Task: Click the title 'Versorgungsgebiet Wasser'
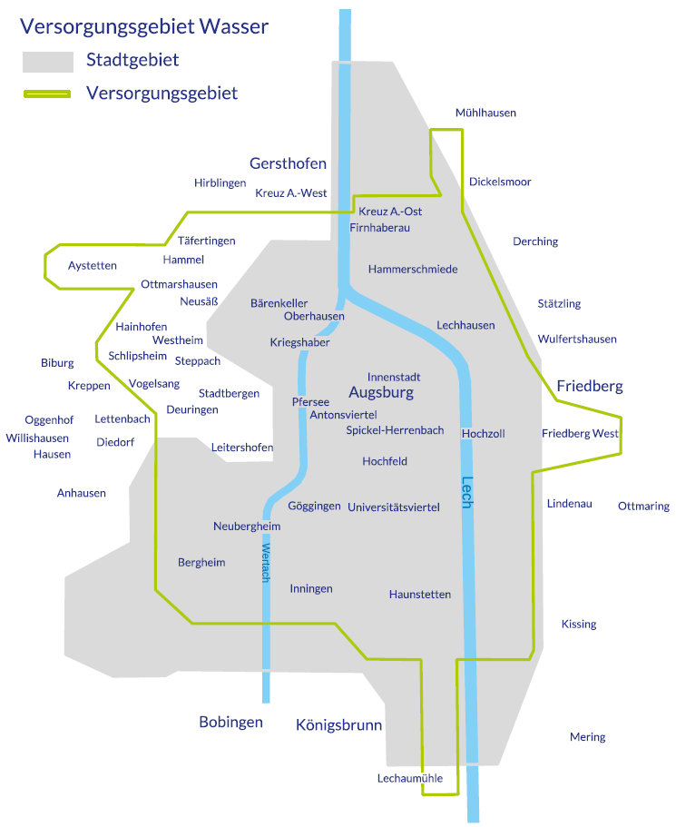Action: [144, 26]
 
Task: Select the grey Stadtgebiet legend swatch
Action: [47, 61]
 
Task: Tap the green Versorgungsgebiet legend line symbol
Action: [47, 94]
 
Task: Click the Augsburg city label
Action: [381, 393]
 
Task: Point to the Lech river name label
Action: [467, 492]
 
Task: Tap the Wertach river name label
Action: [266, 564]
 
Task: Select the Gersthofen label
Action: [288, 163]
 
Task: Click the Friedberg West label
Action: [580, 433]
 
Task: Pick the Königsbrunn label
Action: [338, 725]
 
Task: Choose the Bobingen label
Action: [230, 723]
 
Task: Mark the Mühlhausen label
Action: [485, 113]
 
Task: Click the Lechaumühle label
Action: [410, 778]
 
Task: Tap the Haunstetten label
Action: [419, 595]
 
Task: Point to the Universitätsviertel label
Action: [394, 507]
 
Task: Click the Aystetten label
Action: [93, 265]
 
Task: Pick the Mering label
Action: [587, 737]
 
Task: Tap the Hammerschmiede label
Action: [413, 270]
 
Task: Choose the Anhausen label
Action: [82, 493]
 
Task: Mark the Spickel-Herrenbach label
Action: [395, 430]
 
